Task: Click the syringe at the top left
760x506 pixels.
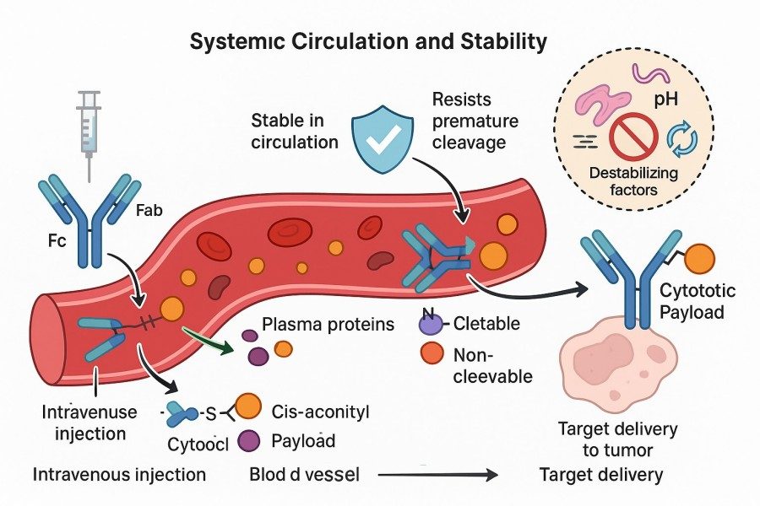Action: [89, 126]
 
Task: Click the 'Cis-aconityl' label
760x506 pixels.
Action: [322, 412]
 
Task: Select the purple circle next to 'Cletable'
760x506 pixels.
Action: [430, 322]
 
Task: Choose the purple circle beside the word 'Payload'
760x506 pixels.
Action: [249, 439]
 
